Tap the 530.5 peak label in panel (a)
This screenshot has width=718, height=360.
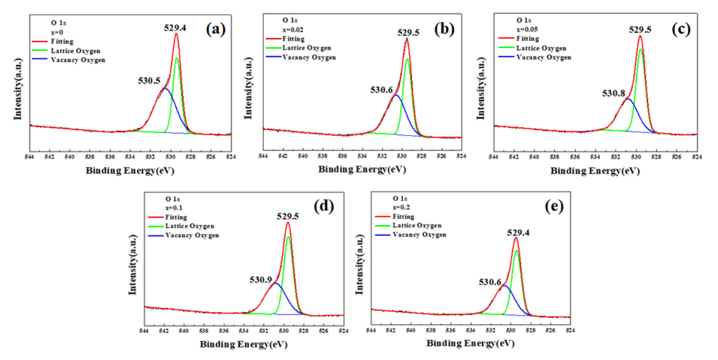pos(149,81)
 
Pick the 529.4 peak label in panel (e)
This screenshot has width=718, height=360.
pos(518,232)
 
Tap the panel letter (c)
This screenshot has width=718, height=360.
pos(682,31)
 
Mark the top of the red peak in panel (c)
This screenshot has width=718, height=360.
pos(640,36)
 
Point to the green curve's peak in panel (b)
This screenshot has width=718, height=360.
pos(407,59)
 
